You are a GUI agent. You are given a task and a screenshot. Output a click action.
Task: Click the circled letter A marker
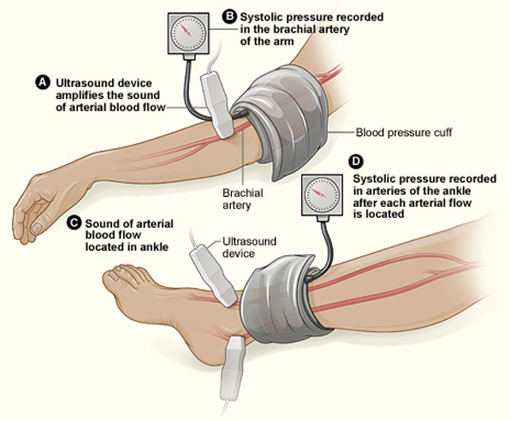[43, 83]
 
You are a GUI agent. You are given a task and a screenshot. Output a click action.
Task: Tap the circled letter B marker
[229, 16]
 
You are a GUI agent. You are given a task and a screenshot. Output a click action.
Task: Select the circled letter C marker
[74, 222]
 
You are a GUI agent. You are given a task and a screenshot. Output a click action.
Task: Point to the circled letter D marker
[357, 162]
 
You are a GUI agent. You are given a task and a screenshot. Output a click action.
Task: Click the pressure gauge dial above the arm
[188, 33]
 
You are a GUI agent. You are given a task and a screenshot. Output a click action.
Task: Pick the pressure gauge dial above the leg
[322, 195]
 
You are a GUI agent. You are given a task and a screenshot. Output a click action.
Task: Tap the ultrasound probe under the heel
[232, 369]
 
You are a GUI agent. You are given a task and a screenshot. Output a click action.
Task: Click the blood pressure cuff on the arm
[281, 121]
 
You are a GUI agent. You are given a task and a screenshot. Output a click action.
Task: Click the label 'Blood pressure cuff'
[404, 133]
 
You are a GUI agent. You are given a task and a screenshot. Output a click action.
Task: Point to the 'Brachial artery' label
[243, 199]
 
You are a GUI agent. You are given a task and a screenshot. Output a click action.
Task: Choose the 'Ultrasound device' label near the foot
[249, 247]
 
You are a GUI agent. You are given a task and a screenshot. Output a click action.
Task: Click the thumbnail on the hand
[37, 228]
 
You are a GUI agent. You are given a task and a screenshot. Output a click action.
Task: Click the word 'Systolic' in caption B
[260, 17]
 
